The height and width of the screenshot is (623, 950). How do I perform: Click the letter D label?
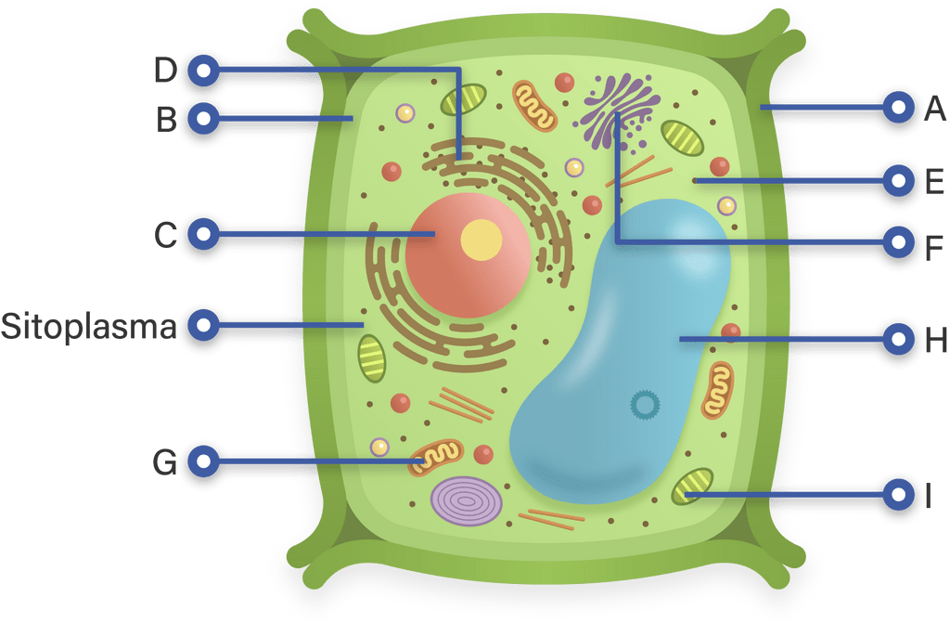click(165, 70)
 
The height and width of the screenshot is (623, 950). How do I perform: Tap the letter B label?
click(167, 120)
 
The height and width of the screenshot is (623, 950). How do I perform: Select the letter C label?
click(165, 236)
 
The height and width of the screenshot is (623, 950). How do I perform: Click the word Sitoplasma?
click(88, 327)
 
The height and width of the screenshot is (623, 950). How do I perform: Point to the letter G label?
click(165, 463)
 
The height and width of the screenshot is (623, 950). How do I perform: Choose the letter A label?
click(935, 109)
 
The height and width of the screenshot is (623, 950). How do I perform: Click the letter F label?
click(934, 248)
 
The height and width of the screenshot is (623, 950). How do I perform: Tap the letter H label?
click(936, 340)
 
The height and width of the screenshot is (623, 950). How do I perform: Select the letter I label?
click(928, 496)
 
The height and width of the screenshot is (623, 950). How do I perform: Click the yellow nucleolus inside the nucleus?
click(481, 240)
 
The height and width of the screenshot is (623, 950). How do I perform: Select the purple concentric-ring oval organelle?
click(466, 501)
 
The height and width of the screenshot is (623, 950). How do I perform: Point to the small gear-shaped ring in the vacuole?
click(645, 405)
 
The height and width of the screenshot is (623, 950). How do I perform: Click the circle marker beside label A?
click(898, 108)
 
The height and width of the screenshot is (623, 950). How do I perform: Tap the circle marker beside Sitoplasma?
click(203, 325)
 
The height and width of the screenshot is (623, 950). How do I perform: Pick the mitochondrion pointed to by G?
click(436, 458)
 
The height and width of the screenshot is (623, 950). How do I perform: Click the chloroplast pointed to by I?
click(692, 486)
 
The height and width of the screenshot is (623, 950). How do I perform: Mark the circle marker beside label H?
click(898, 339)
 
